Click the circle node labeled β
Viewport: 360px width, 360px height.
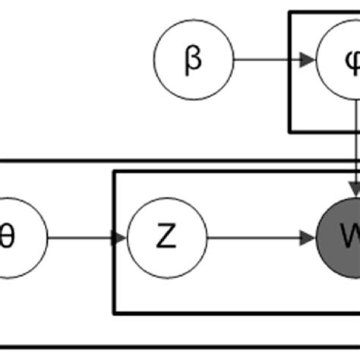click(193, 60)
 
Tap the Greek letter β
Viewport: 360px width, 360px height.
click(193, 60)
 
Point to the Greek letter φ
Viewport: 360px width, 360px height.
click(351, 60)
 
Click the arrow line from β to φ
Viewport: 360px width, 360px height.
click(266, 60)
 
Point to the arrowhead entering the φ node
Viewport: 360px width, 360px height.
click(308, 60)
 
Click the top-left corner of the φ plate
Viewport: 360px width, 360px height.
click(289, 13)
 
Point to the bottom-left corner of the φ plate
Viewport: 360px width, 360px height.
click(289, 131)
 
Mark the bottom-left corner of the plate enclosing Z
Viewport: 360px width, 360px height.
click(114, 312)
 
